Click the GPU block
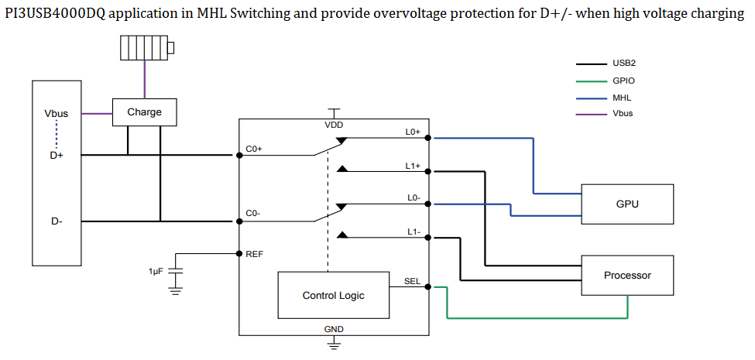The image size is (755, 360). pyautogui.click(x=627, y=204)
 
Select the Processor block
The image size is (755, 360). pyautogui.click(x=627, y=275)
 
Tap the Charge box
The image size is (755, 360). pyautogui.click(x=144, y=112)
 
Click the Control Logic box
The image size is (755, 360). pyautogui.click(x=333, y=295)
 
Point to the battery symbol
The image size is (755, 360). pyautogui.click(x=146, y=48)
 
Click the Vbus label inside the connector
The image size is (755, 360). pyautogui.click(x=57, y=114)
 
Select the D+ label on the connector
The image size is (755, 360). pyautogui.click(x=57, y=155)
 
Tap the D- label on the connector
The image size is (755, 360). pyautogui.click(x=57, y=221)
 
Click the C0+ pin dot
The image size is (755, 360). pyautogui.click(x=239, y=155)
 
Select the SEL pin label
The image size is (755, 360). pyautogui.click(x=412, y=281)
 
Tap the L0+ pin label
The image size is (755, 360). pyautogui.click(x=413, y=132)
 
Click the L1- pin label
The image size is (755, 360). pyautogui.click(x=413, y=231)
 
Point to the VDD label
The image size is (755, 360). pyautogui.click(x=334, y=125)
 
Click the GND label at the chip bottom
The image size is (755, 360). pyautogui.click(x=334, y=329)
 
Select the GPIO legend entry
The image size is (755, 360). pyautogui.click(x=623, y=81)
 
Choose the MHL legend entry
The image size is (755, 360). pyautogui.click(x=622, y=98)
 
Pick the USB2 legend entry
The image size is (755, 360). pyautogui.click(x=623, y=63)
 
